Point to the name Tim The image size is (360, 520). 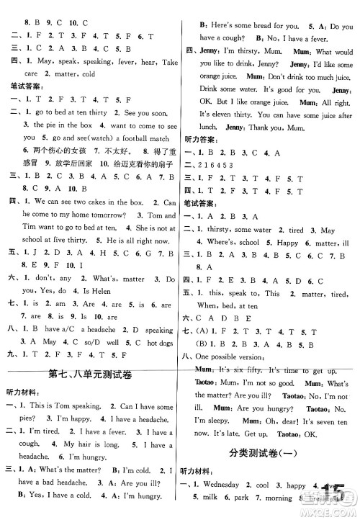pyautogui.click(x=28, y=227)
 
